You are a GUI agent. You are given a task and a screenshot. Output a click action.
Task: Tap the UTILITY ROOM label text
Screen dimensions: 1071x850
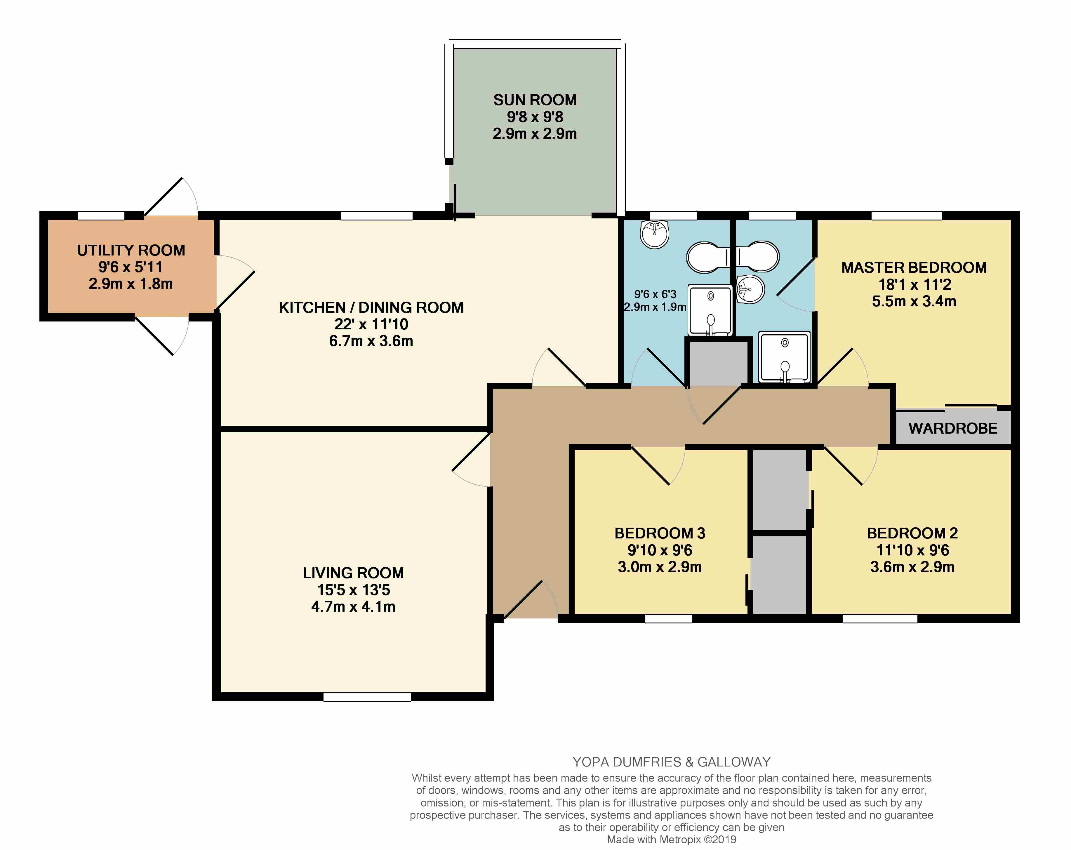(x=131, y=250)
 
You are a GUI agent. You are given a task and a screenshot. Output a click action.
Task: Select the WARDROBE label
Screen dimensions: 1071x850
(x=953, y=428)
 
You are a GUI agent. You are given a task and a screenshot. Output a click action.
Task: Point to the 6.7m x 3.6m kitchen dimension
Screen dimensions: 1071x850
(x=371, y=341)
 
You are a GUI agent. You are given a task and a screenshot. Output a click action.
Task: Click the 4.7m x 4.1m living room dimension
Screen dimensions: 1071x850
(x=353, y=606)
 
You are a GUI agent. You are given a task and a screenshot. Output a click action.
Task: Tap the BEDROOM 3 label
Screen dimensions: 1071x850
(x=660, y=533)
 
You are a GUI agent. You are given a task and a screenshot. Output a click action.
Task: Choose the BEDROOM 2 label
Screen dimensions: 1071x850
(x=912, y=533)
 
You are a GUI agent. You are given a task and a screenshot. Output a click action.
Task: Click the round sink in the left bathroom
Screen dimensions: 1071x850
(x=655, y=234)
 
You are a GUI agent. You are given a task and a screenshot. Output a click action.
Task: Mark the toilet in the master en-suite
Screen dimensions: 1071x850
(x=757, y=256)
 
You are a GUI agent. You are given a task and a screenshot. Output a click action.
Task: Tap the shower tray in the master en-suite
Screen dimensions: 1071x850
(x=785, y=357)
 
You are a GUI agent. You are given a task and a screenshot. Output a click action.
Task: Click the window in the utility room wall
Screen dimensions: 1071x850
(x=101, y=215)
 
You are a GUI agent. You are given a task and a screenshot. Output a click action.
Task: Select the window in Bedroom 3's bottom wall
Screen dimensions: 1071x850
(x=669, y=618)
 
